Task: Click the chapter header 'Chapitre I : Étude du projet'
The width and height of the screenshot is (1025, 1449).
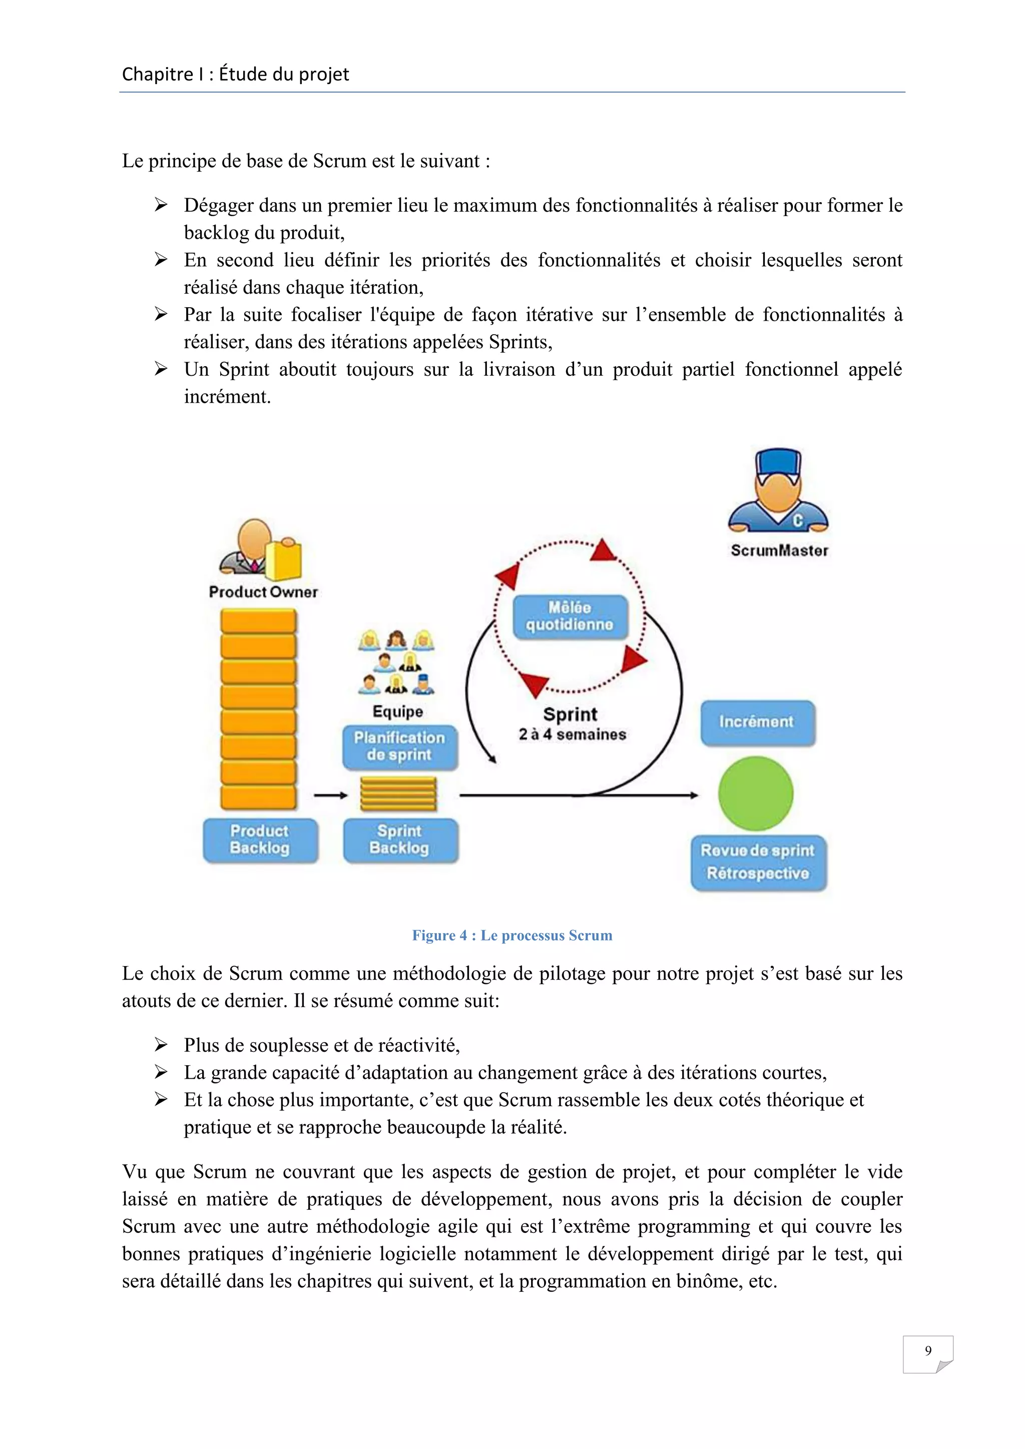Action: [x=235, y=75]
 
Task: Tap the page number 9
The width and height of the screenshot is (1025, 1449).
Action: [x=927, y=1350]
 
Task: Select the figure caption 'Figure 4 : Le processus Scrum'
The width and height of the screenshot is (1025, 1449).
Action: [x=512, y=935]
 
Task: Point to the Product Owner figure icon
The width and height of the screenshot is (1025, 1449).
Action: [x=260, y=549]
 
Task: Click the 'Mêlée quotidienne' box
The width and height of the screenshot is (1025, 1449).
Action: [x=570, y=616]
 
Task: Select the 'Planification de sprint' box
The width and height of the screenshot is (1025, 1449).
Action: [x=399, y=747]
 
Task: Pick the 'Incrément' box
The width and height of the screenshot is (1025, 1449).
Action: [x=757, y=722]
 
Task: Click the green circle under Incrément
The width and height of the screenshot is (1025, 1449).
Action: [x=756, y=793]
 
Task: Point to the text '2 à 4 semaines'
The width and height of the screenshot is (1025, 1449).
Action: [x=573, y=735]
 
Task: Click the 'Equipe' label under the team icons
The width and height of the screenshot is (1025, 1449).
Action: [x=397, y=711]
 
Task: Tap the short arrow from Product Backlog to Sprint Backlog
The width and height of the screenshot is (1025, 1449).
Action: [x=331, y=795]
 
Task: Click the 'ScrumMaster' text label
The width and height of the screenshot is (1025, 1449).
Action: [x=779, y=550]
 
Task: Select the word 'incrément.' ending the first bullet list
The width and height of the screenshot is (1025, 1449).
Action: [x=227, y=397]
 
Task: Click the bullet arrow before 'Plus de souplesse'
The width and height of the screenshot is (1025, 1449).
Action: [x=161, y=1045]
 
